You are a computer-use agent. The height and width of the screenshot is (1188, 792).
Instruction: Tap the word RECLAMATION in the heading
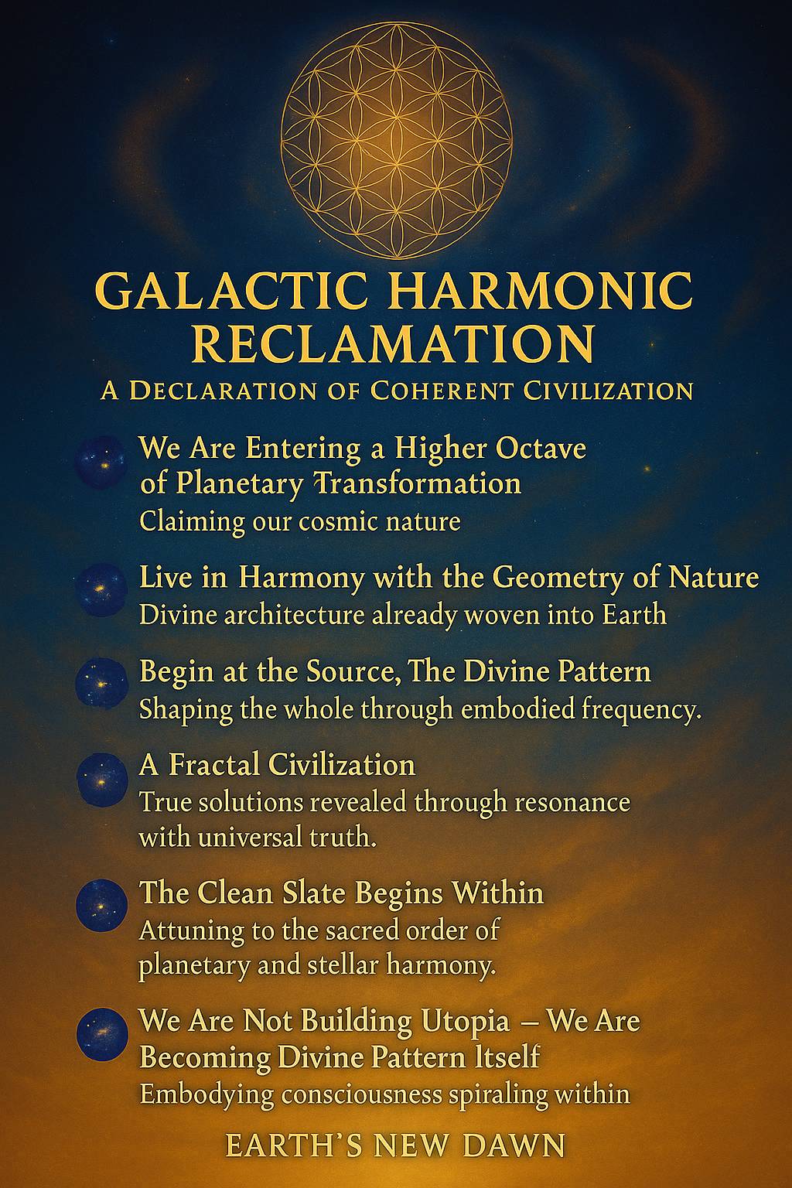[393, 343]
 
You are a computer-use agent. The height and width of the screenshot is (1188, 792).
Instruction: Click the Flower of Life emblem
[396, 144]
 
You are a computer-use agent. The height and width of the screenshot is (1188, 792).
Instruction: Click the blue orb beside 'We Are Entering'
[102, 461]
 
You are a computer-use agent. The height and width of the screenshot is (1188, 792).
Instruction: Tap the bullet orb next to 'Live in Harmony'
[101, 589]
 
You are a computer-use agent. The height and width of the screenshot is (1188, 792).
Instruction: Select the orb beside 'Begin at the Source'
[101, 683]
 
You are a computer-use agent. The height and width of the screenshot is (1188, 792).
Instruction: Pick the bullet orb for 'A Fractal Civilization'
[102, 779]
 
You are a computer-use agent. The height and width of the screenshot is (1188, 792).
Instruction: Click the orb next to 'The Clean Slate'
[102, 906]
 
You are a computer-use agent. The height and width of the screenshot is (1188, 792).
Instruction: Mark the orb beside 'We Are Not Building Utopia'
[102, 1033]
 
